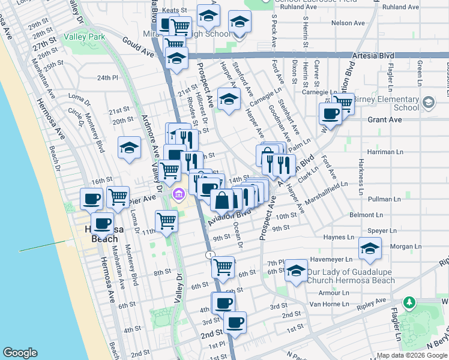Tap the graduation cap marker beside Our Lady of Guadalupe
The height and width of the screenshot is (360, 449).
coord(295,271)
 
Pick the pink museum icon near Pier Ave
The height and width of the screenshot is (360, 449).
coord(178,195)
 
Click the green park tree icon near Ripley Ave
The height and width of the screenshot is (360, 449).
coord(410,301)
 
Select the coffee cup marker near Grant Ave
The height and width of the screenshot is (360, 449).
coord(330,113)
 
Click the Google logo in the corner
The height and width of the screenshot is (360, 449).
coord(20,353)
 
